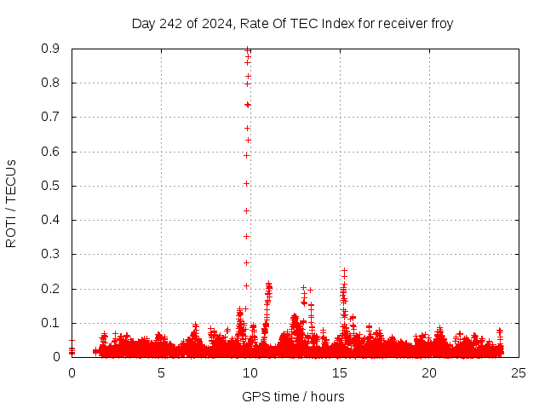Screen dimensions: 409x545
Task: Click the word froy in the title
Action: [x=441, y=24]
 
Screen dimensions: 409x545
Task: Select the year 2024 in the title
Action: [x=214, y=24]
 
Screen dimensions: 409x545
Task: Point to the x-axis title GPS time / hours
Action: [x=293, y=396]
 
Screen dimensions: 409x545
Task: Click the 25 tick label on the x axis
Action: [x=519, y=372]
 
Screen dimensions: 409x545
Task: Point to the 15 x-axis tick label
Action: [x=340, y=372]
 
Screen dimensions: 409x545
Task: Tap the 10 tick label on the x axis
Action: [x=250, y=372]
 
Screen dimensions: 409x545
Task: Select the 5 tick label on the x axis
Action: [x=161, y=372]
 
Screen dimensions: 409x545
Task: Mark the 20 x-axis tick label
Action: [x=429, y=372]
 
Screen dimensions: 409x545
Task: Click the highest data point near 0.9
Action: [x=247, y=49]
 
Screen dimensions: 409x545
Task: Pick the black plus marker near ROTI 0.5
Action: [x=247, y=183]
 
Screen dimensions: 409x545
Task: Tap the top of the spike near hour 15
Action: [x=344, y=271]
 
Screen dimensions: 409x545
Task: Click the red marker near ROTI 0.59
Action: [x=246, y=155]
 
